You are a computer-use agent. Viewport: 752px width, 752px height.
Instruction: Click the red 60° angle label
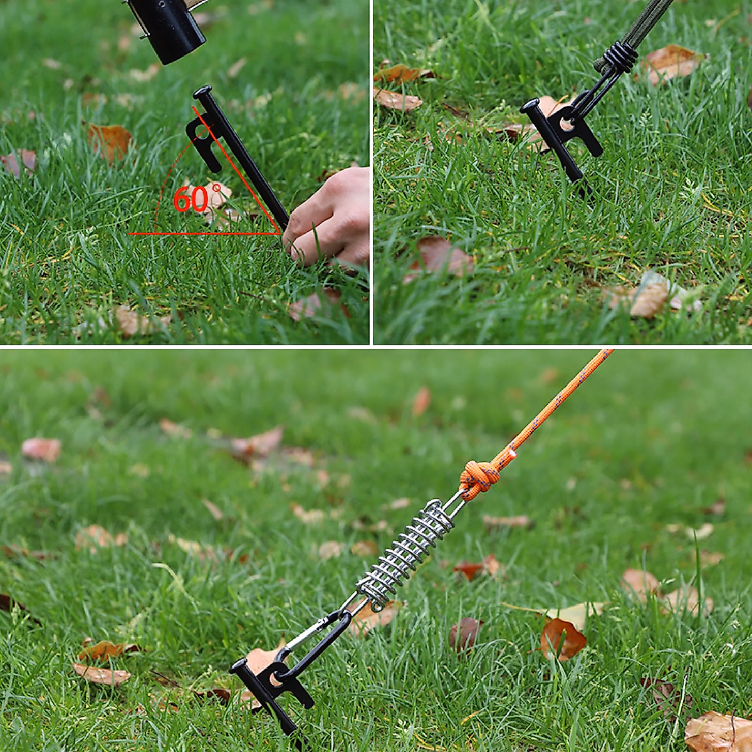(191, 199)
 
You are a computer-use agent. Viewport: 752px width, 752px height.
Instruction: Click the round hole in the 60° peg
(202, 132)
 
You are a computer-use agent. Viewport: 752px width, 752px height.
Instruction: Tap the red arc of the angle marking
(164, 188)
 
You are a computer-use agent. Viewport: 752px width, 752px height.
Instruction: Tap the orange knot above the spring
(479, 479)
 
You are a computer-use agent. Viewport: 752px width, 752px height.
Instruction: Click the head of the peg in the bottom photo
(241, 667)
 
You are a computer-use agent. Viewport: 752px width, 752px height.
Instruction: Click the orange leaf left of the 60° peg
(110, 141)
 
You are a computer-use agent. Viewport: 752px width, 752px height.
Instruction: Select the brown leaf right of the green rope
(671, 63)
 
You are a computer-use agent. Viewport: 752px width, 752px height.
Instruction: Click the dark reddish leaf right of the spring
(465, 633)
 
